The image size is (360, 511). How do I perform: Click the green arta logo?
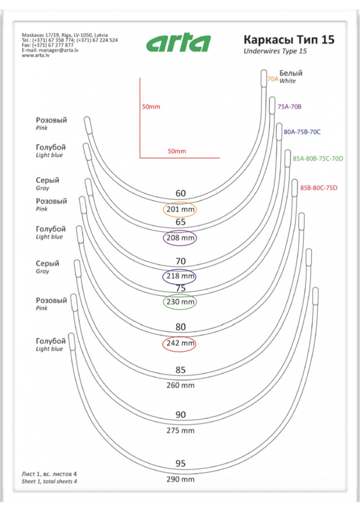point(178,42)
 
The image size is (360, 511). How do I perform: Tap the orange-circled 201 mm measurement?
point(180,209)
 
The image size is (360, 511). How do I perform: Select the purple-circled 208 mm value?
point(180,238)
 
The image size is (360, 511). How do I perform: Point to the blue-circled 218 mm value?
point(180,276)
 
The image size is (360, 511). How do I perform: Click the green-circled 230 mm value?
point(180,302)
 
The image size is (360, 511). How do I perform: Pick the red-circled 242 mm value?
point(180,343)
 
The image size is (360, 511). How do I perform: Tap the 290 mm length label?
point(180,479)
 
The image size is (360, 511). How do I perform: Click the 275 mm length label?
point(180,431)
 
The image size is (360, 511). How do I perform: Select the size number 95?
point(181,463)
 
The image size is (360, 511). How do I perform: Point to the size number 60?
point(181,193)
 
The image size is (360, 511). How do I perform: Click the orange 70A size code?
point(273,79)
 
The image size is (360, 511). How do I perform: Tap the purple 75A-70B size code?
point(289,107)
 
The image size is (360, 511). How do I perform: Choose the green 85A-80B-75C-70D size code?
point(318,159)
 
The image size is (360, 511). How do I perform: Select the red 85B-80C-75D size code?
point(319,188)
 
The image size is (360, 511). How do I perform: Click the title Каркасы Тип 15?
point(289,40)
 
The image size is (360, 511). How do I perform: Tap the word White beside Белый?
point(288,81)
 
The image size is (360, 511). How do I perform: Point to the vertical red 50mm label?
point(151,107)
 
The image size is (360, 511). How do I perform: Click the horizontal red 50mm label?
point(176,151)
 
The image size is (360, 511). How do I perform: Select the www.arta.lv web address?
point(35,55)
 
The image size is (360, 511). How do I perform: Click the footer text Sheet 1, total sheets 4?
point(49,482)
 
